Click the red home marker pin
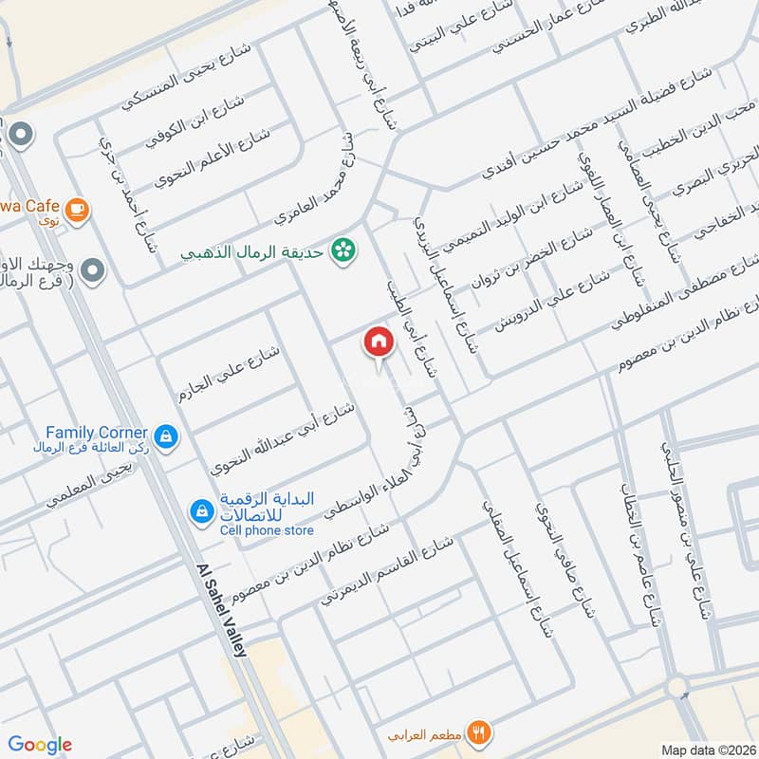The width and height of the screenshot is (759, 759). (x=377, y=342)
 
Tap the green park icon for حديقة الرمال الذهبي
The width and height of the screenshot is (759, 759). (x=341, y=250)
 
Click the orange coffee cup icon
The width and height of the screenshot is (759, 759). (x=77, y=209)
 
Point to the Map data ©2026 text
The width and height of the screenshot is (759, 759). (x=707, y=750)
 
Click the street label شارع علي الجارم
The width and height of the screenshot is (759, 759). (x=229, y=374)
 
